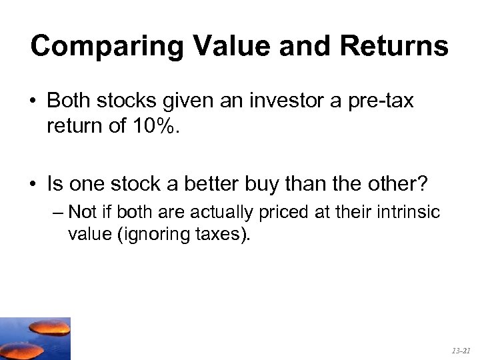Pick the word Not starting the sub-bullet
83,213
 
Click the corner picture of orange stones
35,339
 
